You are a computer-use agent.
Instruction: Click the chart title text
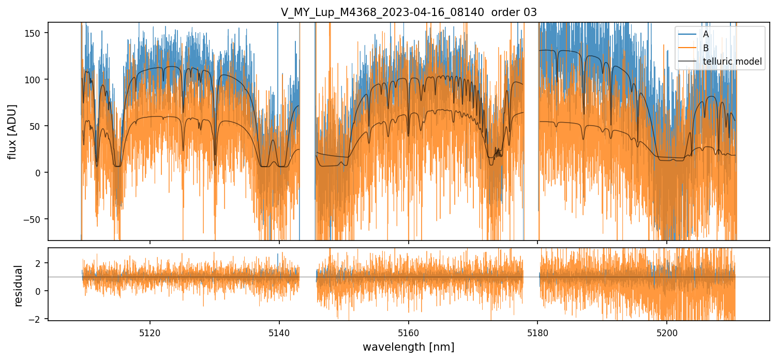[409, 12]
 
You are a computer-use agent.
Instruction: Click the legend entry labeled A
[706, 34]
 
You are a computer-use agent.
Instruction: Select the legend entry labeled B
[706, 48]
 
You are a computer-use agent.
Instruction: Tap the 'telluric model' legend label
[732, 62]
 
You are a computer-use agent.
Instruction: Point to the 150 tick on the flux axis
[36, 33]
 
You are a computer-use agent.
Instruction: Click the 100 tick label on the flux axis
[36, 79]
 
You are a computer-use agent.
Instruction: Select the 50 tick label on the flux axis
[38, 126]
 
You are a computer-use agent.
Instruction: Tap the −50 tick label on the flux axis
[35, 219]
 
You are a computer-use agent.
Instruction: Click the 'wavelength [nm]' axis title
[409, 347]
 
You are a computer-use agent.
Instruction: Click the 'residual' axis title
[19, 286]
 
